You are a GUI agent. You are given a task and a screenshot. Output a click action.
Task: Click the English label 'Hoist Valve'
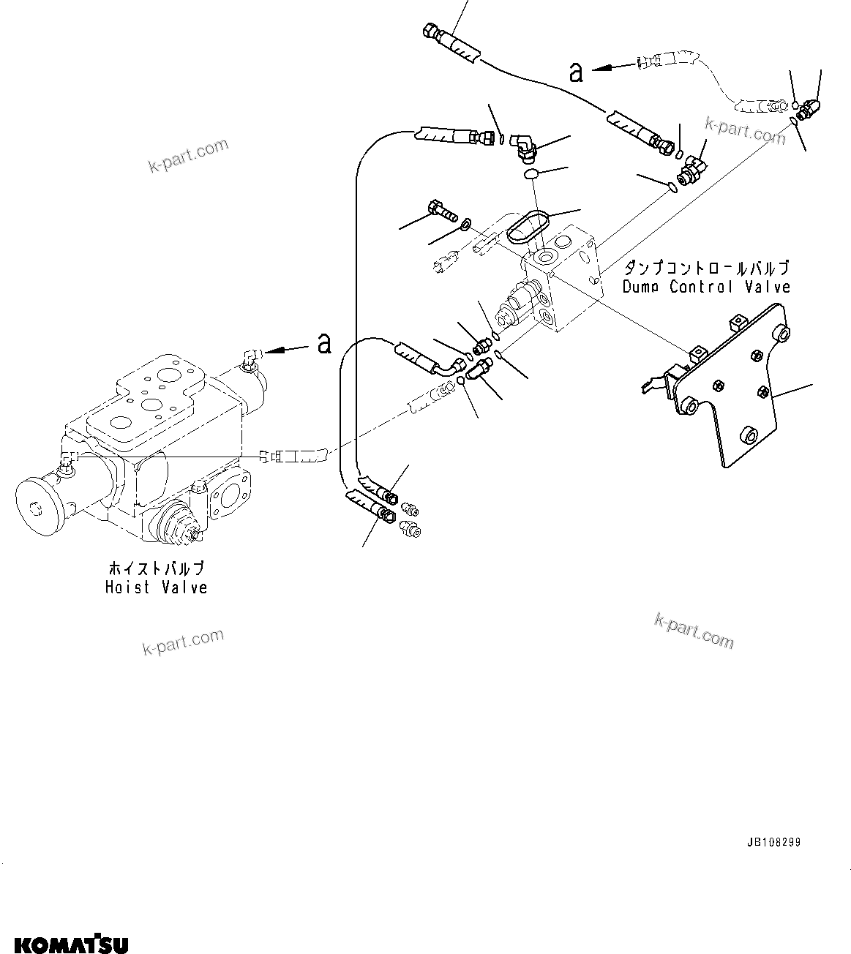pos(156,587)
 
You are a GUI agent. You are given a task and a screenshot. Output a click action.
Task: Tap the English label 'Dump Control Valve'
pos(706,286)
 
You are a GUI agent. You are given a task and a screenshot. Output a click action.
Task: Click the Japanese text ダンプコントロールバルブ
pos(706,268)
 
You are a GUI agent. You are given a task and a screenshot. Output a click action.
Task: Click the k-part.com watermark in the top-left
pos(188,157)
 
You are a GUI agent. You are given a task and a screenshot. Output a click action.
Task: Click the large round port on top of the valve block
pos(545,257)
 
